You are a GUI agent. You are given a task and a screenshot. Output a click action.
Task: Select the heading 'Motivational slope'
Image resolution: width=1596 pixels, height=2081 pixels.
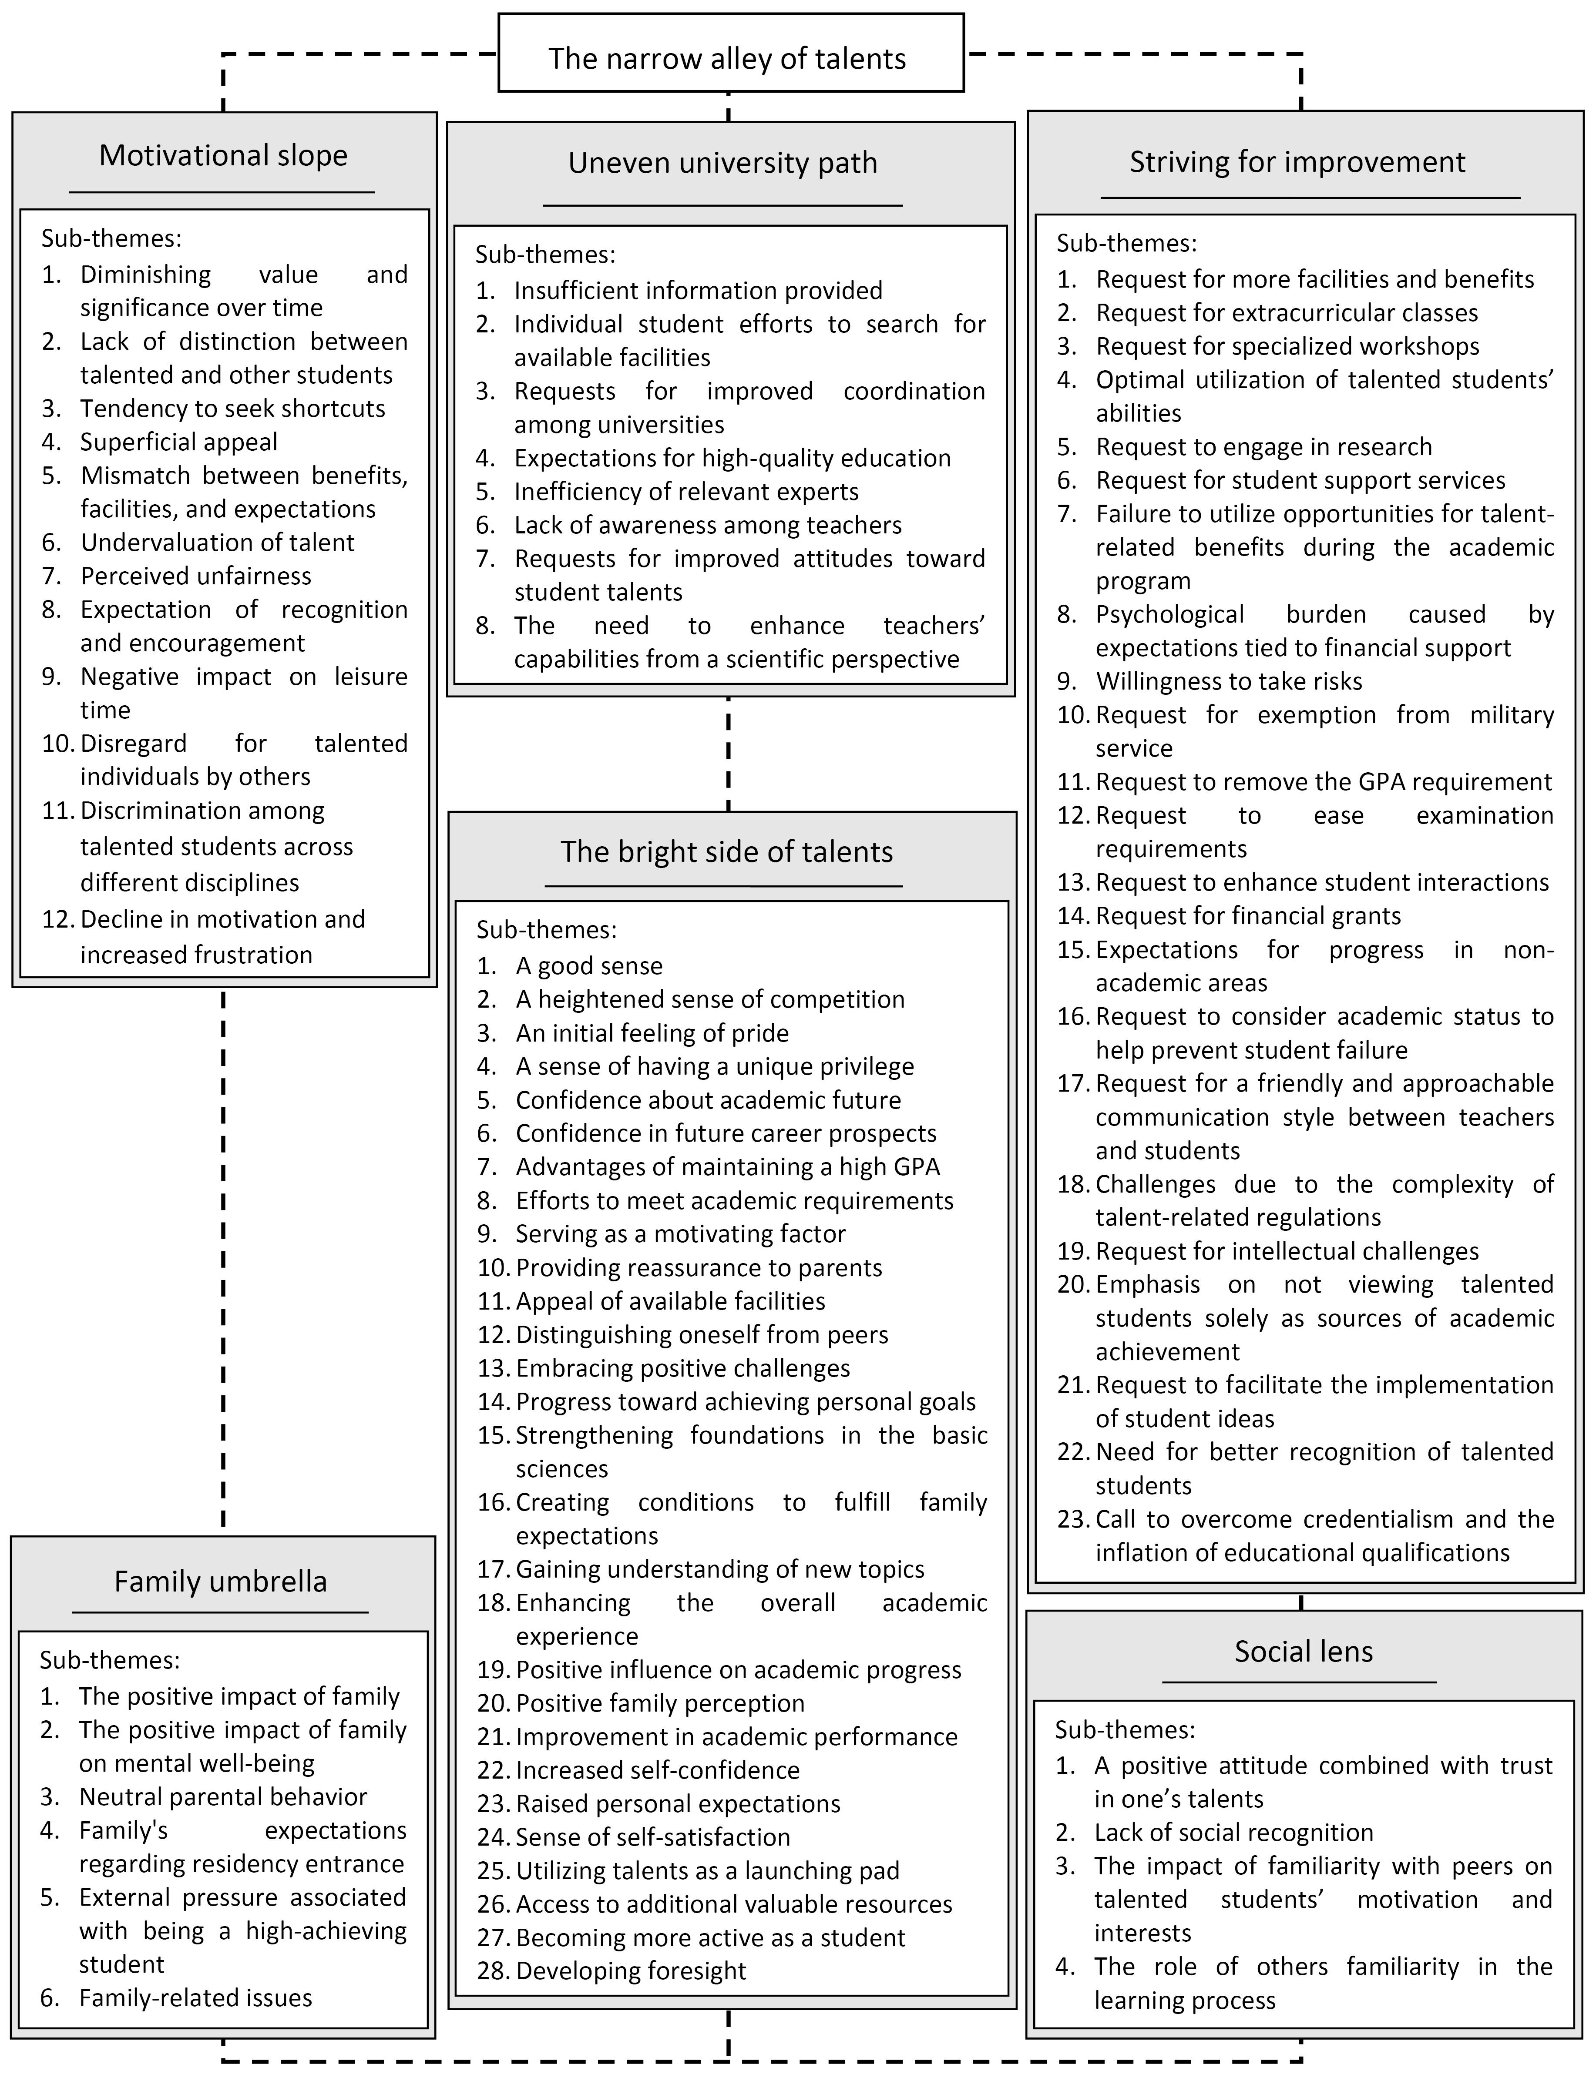(223, 155)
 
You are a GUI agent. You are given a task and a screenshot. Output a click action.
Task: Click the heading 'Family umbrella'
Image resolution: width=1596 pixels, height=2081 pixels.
(220, 1581)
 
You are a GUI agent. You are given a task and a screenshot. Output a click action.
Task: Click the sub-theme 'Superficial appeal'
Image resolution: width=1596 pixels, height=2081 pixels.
(178, 442)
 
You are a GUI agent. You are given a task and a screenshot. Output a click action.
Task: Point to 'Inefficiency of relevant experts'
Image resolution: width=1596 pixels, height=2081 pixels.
(686, 491)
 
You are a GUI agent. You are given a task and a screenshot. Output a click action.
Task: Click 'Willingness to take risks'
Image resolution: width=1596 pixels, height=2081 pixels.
(1228, 681)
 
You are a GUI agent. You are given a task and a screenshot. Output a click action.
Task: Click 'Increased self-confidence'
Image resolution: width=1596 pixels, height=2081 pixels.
(657, 1770)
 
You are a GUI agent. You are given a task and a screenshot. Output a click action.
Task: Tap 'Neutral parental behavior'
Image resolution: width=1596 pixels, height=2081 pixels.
(222, 1797)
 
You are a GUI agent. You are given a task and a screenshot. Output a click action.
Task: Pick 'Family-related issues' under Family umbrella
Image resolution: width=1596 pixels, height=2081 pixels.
(195, 1997)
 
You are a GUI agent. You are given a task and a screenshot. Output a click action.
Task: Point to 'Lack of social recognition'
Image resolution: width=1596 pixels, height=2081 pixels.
(1233, 1832)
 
